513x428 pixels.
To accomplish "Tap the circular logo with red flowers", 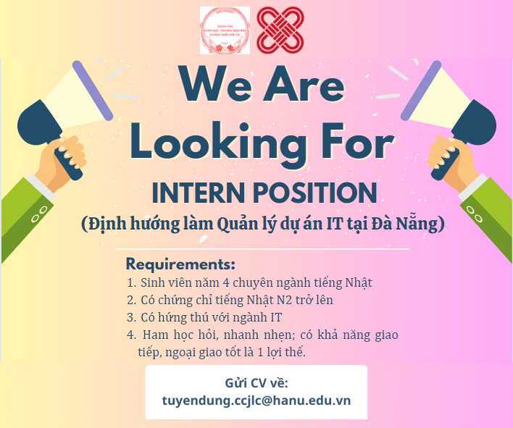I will pyautogui.click(x=225, y=30).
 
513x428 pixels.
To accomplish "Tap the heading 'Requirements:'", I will pyautogui.click(x=180, y=264).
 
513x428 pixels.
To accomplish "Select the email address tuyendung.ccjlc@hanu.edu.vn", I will pyautogui.click(x=256, y=400).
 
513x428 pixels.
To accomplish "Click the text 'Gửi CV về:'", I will pyautogui.click(x=256, y=383).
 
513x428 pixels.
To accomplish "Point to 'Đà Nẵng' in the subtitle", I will pyautogui.click(x=416, y=225).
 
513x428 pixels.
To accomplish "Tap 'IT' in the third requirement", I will pyautogui.click(x=275, y=316).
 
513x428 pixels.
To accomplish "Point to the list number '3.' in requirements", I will pyautogui.click(x=131, y=316).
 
